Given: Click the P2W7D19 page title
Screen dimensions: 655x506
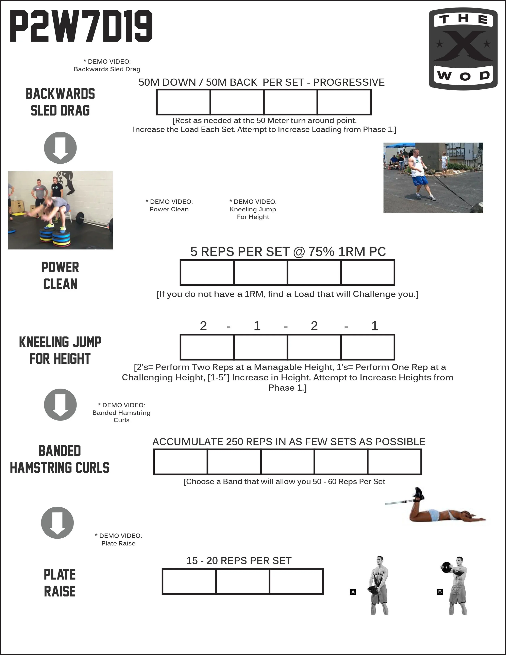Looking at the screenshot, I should (81, 26).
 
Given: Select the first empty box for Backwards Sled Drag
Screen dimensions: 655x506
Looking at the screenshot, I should (183, 102).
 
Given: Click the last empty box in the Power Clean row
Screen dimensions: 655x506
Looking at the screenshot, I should (368, 272).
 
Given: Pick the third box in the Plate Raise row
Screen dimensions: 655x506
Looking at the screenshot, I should (296, 581).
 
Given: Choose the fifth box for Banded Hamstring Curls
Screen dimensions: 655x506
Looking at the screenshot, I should (394, 462).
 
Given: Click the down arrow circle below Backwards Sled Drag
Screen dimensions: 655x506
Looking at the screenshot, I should (60, 148).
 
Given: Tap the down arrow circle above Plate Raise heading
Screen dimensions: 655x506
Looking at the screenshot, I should (57, 523).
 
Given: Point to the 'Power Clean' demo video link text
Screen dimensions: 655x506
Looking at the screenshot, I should (169, 209).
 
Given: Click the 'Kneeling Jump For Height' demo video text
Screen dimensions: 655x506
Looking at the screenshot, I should (253, 209).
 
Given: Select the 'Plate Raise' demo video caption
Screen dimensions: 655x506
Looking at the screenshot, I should (118, 543).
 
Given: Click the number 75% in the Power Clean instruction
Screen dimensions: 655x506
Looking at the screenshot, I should (321, 252).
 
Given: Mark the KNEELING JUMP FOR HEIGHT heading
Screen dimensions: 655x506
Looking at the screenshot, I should (60, 350).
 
